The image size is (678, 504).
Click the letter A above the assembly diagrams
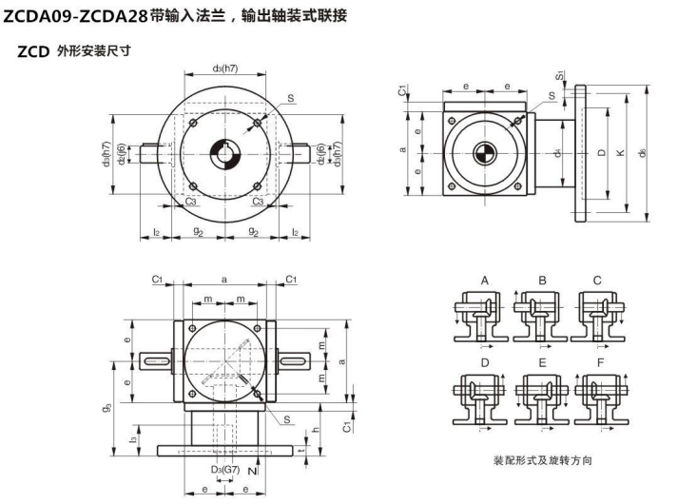click(484, 281)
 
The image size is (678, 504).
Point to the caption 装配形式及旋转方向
click(542, 460)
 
